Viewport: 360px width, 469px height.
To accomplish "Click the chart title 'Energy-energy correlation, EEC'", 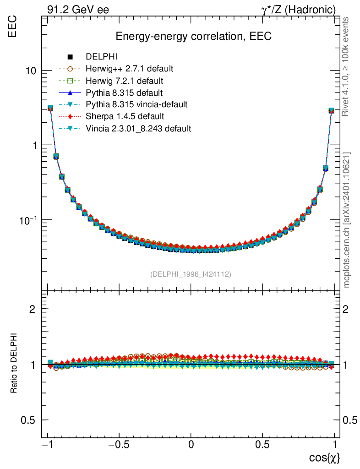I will coord(193,37).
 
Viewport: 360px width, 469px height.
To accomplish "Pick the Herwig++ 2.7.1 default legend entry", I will coord(129,69).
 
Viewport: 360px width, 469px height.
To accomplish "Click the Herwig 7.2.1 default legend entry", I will coord(124,81).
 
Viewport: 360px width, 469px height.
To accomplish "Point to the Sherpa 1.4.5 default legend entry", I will coord(125,117).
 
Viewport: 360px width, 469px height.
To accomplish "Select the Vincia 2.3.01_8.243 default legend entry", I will coord(138,129).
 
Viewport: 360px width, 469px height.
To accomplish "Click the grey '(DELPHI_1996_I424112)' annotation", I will coord(191,274).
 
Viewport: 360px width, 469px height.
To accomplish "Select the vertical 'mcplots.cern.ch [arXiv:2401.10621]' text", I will coord(347,220).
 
